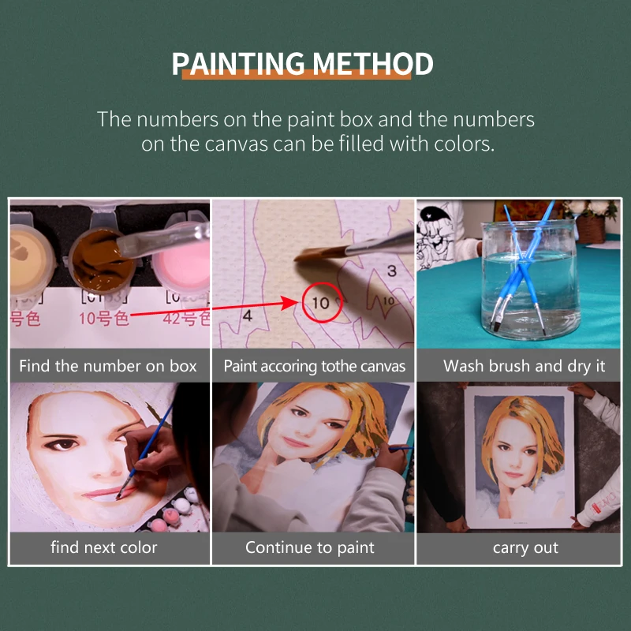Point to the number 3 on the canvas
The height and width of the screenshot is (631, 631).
point(391,271)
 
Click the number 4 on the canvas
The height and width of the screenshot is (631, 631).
point(247,315)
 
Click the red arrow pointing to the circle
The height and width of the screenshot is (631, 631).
point(213,309)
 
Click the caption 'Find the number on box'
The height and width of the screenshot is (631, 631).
point(108,366)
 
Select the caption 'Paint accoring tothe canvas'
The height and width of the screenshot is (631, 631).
point(314,366)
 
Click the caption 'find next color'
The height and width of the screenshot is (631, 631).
point(103,547)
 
